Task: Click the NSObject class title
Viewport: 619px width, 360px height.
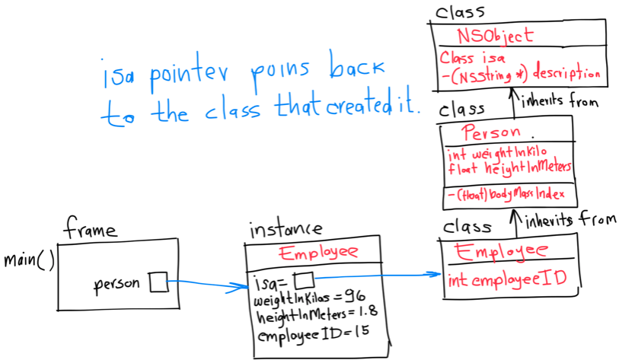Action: click(x=495, y=35)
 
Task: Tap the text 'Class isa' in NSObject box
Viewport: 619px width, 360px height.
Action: click(x=468, y=58)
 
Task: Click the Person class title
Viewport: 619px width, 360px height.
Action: click(x=491, y=132)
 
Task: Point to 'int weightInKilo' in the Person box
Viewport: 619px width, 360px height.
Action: click(x=497, y=152)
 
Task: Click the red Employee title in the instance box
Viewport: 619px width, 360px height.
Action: click(x=318, y=253)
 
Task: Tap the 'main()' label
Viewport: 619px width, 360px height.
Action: click(x=29, y=260)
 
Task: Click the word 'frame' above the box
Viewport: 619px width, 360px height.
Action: click(x=91, y=228)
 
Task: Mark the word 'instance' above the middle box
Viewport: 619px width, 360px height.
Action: click(x=286, y=228)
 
